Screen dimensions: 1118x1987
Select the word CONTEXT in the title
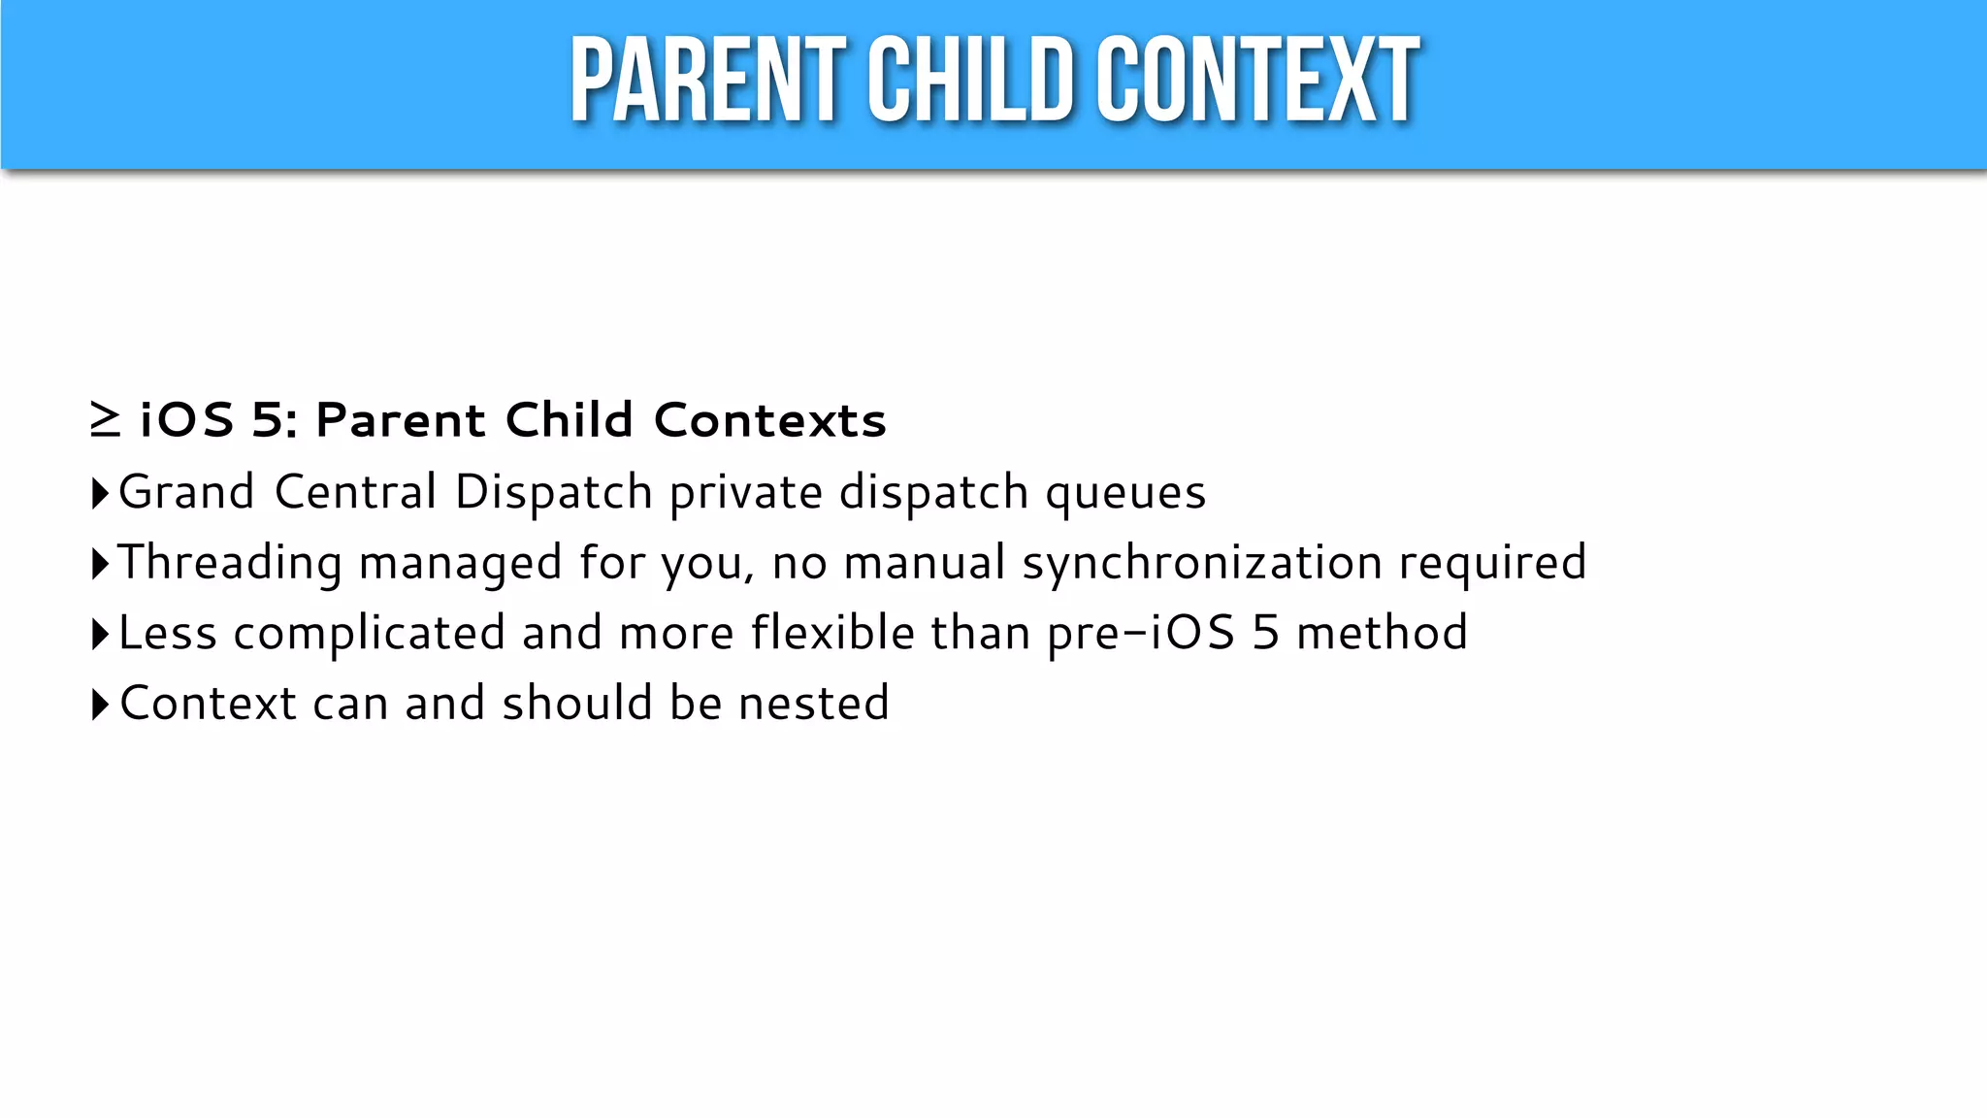pyautogui.click(x=1258, y=82)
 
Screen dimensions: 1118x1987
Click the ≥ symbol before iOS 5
pyautogui.click(x=105, y=420)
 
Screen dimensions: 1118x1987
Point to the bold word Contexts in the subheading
pyautogui.click(x=770, y=420)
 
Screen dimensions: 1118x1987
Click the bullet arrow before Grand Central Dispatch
pyautogui.click(x=100, y=493)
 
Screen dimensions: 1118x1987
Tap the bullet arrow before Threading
pyautogui.click(x=100, y=564)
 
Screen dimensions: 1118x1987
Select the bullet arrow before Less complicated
pyautogui.click(x=100, y=634)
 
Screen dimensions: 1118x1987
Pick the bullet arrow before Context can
pyautogui.click(x=100, y=705)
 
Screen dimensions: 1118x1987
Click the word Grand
pyautogui.click(x=186, y=492)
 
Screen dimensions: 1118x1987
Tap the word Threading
pyautogui.click(x=230, y=564)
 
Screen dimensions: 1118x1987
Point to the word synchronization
pyautogui.click(x=1202, y=564)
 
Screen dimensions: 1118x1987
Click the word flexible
pyautogui.click(x=832, y=633)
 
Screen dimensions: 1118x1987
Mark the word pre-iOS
pyautogui.click(x=1141, y=634)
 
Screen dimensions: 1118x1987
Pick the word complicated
pyautogui.click(x=369, y=635)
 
